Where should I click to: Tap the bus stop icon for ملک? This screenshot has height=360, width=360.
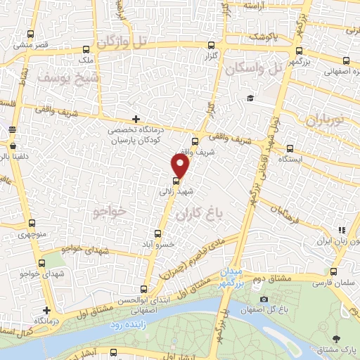tap(86, 49)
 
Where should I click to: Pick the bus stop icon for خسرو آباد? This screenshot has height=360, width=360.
tap(157, 233)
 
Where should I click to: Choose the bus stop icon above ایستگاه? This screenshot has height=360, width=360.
tap(290, 148)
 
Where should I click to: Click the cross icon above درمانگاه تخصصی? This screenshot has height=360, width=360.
tap(135, 119)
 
